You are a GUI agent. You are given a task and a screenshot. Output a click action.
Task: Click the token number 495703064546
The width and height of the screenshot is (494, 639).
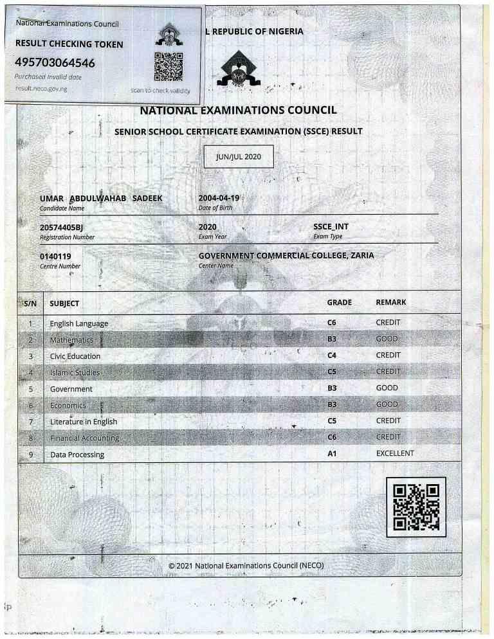click(x=55, y=62)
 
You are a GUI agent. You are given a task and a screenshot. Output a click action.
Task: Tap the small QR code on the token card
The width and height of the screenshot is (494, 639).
click(x=169, y=66)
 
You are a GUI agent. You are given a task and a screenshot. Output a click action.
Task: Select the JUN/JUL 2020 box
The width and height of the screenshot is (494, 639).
click(x=239, y=157)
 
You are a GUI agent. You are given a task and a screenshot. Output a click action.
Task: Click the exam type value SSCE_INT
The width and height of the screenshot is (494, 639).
click(x=331, y=227)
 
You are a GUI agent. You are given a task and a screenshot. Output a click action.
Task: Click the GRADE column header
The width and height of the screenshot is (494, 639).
click(x=339, y=302)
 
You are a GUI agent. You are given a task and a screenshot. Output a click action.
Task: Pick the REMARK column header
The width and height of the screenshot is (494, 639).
click(x=390, y=302)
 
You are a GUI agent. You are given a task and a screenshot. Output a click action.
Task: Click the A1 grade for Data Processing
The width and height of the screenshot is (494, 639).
click(x=332, y=453)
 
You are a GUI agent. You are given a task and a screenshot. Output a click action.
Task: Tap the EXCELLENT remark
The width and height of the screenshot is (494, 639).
click(x=395, y=453)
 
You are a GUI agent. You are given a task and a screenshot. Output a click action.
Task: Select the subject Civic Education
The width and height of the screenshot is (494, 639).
click(x=75, y=356)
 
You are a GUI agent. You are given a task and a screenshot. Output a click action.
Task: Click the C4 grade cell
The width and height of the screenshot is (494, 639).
click(x=332, y=355)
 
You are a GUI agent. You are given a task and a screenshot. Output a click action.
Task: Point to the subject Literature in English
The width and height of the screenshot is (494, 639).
click(x=84, y=422)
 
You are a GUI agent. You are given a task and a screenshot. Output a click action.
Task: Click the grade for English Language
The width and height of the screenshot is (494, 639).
click(x=332, y=322)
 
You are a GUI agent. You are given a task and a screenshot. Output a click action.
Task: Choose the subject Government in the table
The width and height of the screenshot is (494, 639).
click(x=71, y=389)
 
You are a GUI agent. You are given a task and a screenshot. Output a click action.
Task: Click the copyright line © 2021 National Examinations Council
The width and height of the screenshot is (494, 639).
click(x=245, y=566)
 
